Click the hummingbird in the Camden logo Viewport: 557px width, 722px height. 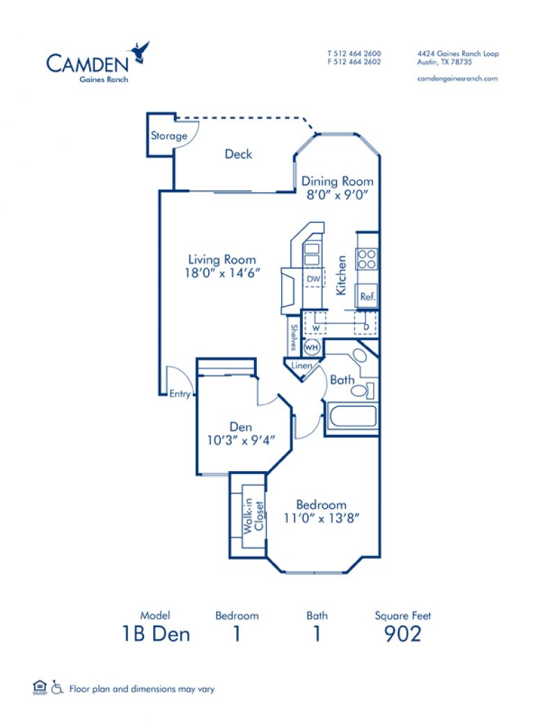coord(139,52)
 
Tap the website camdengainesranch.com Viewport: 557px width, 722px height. coord(457,79)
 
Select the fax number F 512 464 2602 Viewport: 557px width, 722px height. coord(354,62)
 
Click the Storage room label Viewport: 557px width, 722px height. coord(169,136)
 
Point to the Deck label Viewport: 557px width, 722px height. coord(238,154)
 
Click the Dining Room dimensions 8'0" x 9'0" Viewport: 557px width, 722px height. coord(337,196)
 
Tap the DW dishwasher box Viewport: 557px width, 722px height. coord(313,279)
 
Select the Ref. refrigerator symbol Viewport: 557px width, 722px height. coord(368,296)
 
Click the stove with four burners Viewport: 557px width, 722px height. coord(367,259)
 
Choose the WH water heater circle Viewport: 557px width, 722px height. coord(312,346)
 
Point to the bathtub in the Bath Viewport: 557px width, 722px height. coord(352,418)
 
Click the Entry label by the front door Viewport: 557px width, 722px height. coord(180,394)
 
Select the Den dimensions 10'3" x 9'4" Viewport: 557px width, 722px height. coord(241,440)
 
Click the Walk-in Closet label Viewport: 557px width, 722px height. coord(253,518)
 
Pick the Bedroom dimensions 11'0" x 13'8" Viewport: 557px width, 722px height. coord(321,518)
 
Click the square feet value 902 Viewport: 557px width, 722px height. coord(402,633)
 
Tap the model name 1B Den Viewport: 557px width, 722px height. coord(155,633)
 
